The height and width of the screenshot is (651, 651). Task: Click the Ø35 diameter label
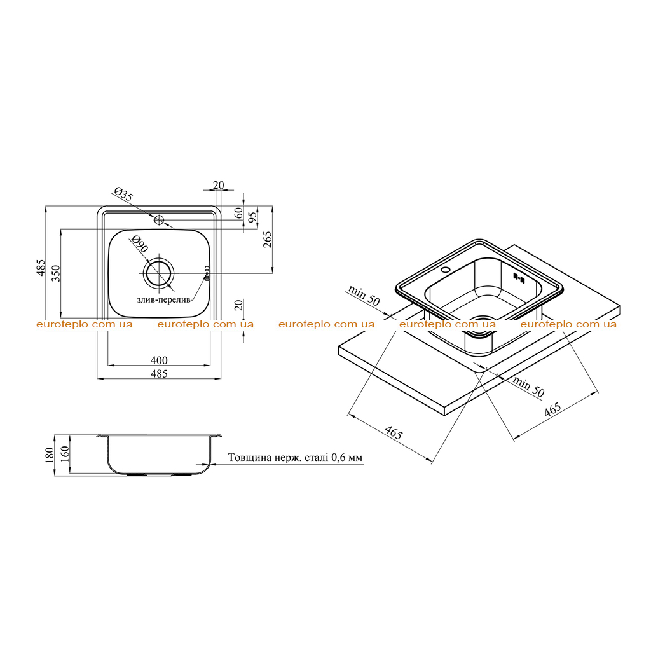(x=123, y=195)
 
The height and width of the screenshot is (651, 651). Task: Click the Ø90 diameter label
(x=139, y=244)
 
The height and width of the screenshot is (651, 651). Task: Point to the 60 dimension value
(x=239, y=213)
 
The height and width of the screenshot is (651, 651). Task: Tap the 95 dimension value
(x=252, y=217)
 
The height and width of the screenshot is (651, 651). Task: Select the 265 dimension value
(x=268, y=240)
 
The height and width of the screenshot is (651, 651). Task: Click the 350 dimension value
(x=56, y=273)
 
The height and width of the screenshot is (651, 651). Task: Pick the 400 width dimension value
(x=159, y=360)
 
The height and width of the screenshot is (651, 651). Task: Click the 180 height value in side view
(x=50, y=455)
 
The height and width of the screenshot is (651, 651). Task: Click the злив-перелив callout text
(x=163, y=299)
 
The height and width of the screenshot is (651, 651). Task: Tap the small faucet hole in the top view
(x=160, y=219)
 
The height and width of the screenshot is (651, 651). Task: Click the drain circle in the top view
(x=158, y=273)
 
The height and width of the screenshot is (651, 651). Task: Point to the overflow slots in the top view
(x=207, y=273)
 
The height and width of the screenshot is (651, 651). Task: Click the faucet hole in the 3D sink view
(x=446, y=270)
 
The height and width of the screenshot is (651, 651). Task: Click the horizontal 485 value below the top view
(x=159, y=374)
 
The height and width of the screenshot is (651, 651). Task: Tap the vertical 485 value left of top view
(x=40, y=268)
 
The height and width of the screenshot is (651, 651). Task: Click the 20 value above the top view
(x=218, y=185)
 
